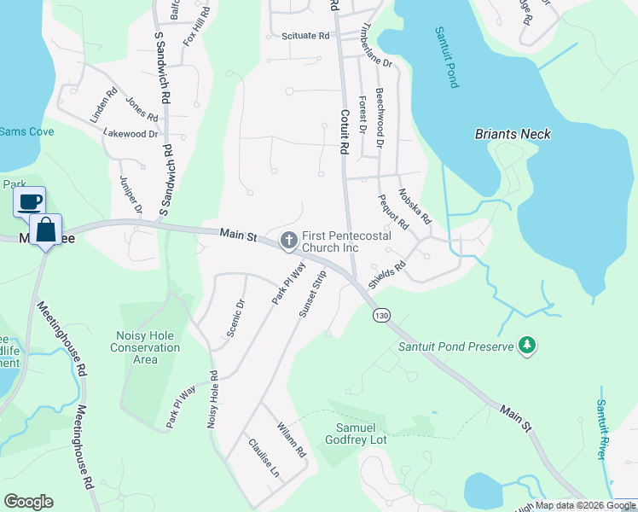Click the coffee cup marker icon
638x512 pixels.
click(x=30, y=202)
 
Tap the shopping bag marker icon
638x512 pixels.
click(x=46, y=230)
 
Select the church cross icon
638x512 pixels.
click(x=288, y=241)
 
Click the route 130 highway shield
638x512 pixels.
click(x=381, y=316)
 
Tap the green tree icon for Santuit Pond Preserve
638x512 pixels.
click(x=529, y=344)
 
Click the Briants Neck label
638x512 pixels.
click(x=512, y=134)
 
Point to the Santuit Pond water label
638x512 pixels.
click(x=447, y=57)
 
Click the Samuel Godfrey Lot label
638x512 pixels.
click(x=356, y=433)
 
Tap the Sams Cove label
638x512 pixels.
click(x=26, y=131)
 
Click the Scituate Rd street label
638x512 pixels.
click(x=304, y=36)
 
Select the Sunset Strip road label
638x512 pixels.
click(x=313, y=294)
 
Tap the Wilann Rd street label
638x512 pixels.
click(x=289, y=439)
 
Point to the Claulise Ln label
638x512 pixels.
click(x=264, y=457)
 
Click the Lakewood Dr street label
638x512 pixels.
click(x=130, y=134)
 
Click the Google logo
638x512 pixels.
click(x=28, y=502)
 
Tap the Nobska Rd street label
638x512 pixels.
click(x=414, y=207)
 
